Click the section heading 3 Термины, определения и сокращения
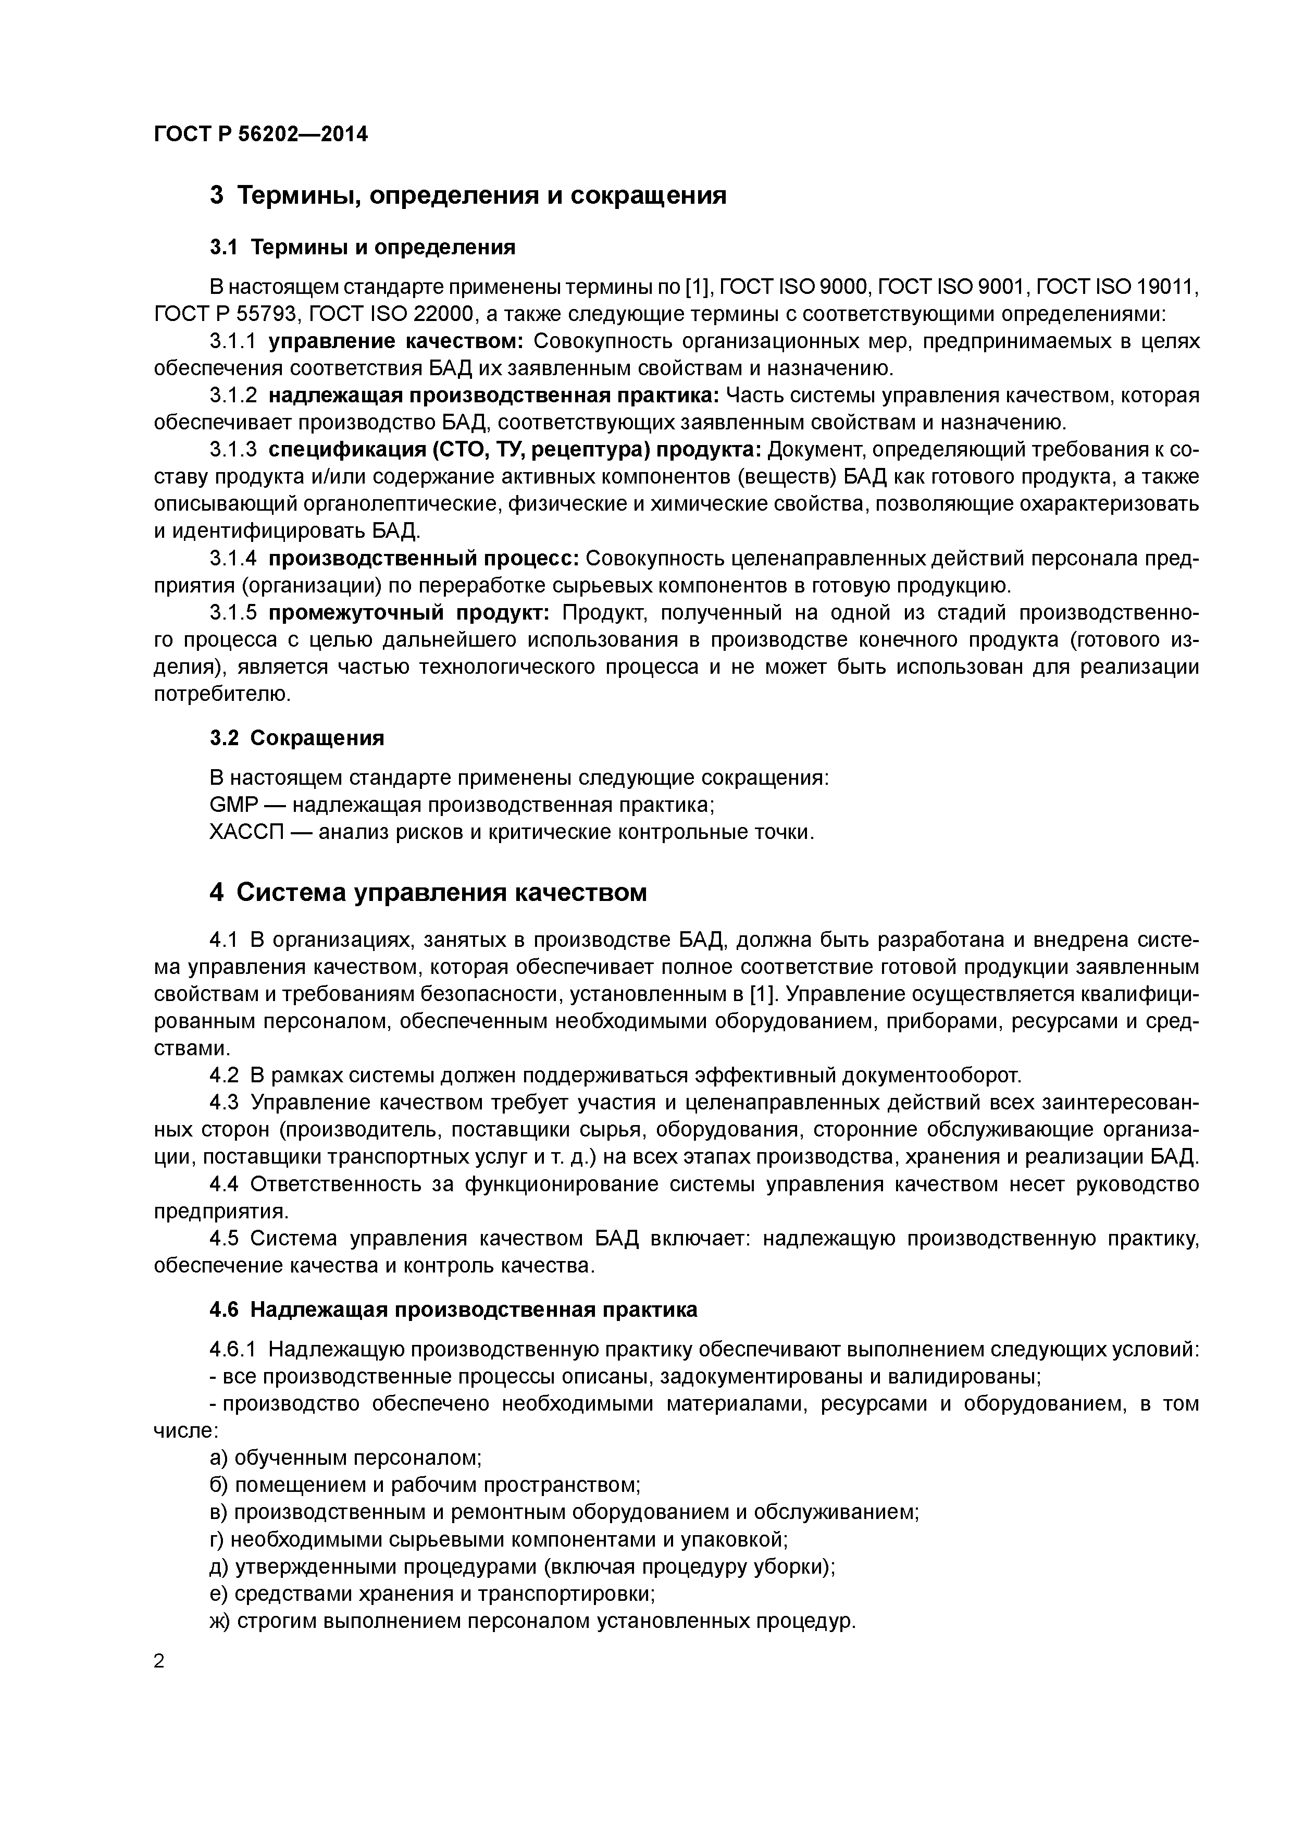(467, 194)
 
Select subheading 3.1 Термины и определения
(362, 248)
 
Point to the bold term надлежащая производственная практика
(493, 396)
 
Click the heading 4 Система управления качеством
(428, 893)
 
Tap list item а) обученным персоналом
(345, 1458)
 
